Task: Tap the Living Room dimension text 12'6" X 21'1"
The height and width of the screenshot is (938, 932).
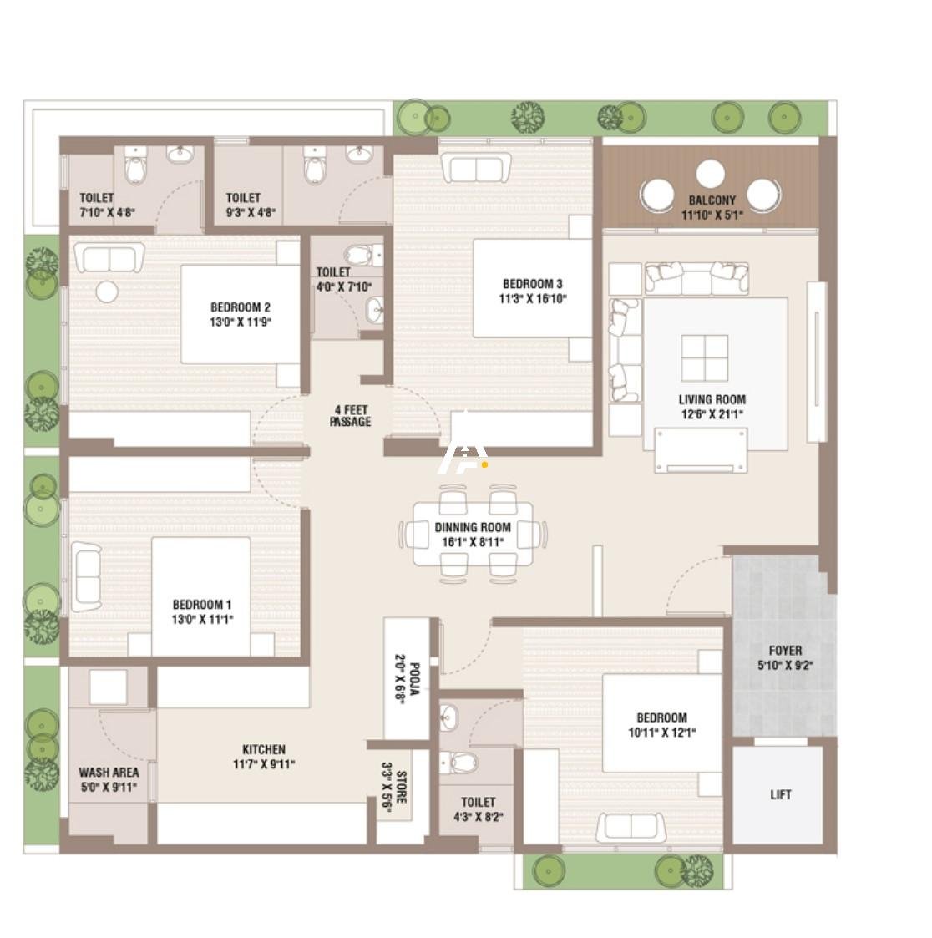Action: (712, 413)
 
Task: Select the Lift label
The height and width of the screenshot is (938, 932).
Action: (780, 794)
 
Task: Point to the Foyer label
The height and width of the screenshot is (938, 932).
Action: (785, 651)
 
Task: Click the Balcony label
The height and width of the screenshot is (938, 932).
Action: (712, 200)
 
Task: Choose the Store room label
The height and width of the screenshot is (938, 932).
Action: (400, 788)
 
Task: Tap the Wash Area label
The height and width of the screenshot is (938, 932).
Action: (109, 773)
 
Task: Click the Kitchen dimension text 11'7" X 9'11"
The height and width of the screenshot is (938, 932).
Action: (264, 763)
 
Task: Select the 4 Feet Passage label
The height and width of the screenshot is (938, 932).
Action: (350, 416)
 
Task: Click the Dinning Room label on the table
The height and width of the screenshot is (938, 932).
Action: (472, 527)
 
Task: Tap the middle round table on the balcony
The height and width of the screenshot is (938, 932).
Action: (710, 175)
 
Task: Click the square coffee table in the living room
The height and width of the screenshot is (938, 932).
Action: (704, 358)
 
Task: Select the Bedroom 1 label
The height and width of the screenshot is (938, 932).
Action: (202, 605)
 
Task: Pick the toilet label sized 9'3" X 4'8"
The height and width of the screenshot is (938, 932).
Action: (243, 198)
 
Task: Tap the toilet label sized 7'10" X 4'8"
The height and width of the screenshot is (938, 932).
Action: (96, 198)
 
